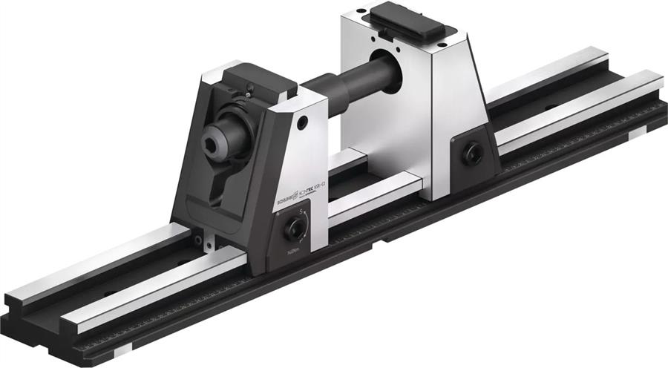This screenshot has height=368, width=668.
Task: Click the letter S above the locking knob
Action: point(301,212)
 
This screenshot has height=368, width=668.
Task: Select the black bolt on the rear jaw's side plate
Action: point(470,154)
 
